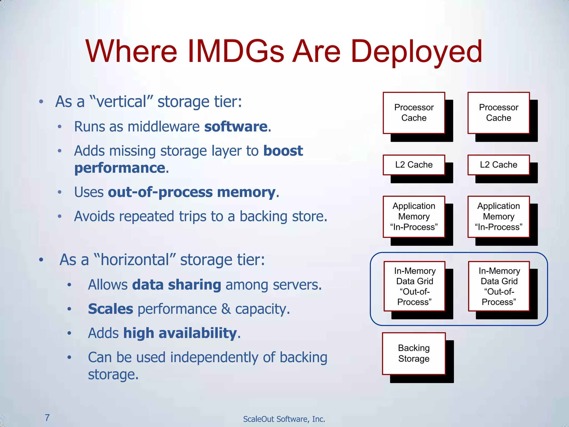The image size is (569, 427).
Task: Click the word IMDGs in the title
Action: tap(236, 51)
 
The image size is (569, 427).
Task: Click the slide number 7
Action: tap(47, 417)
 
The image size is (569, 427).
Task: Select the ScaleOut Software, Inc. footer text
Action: tap(284, 419)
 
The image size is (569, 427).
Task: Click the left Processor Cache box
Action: tap(414, 113)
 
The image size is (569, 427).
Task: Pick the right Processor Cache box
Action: tap(498, 113)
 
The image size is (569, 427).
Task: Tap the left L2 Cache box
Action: tap(414, 165)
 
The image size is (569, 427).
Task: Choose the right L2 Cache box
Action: tap(498, 165)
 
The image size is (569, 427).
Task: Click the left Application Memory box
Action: tap(414, 217)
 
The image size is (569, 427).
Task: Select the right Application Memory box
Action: tap(498, 217)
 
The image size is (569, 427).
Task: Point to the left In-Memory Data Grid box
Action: tap(414, 286)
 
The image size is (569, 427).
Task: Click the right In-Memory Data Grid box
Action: tap(499, 286)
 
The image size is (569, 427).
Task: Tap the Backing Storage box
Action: tap(414, 353)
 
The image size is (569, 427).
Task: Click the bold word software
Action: tap(236, 127)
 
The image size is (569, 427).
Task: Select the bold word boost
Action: tap(283, 151)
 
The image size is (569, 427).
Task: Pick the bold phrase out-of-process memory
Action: tap(192, 192)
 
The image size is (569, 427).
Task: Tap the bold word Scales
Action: tap(111, 309)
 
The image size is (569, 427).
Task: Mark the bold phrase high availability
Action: tap(180, 333)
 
